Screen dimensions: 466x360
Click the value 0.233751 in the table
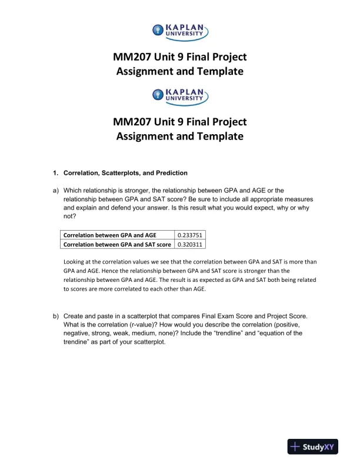click(x=190, y=234)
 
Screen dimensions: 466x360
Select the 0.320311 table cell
click(x=190, y=244)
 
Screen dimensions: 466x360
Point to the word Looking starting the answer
click(x=75, y=261)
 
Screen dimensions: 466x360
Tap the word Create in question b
click(x=74, y=316)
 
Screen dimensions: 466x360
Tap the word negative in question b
click(x=78, y=333)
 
